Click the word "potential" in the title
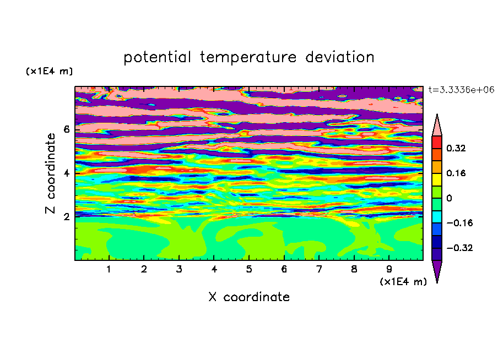click(157, 57)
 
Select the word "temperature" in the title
click(248, 57)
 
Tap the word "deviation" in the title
click(340, 57)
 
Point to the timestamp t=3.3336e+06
click(461, 90)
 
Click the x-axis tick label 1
click(109, 269)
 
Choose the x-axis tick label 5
click(249, 269)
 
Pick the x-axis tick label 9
click(389, 269)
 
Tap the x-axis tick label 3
click(179, 269)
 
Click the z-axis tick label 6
click(66, 129)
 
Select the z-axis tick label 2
click(66, 217)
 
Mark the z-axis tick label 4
click(66, 173)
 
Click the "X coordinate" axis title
click(249, 297)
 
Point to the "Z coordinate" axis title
click(51, 173)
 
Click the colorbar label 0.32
click(456, 148)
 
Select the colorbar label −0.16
click(459, 223)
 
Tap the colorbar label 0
click(449, 198)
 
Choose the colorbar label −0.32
click(459, 248)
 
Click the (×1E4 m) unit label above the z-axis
click(49, 71)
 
